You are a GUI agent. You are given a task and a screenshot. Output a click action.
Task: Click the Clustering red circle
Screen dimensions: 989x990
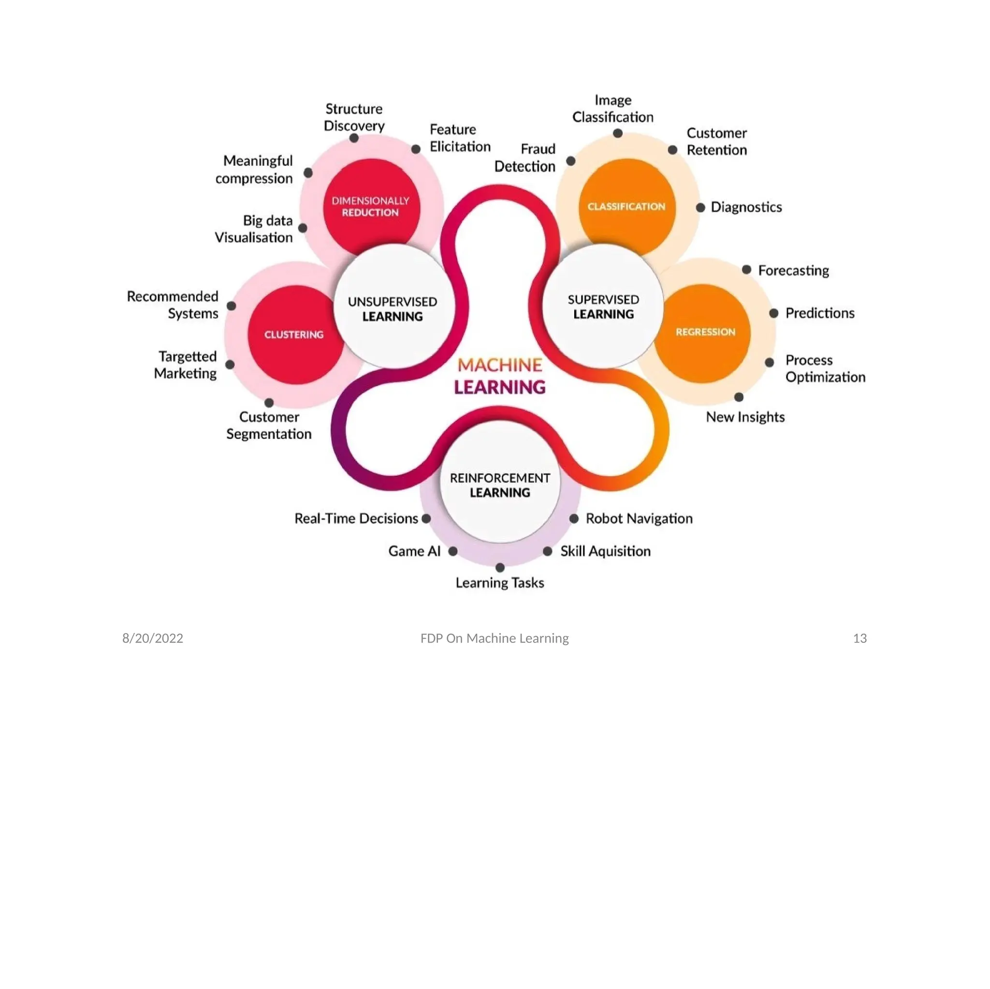pos(293,335)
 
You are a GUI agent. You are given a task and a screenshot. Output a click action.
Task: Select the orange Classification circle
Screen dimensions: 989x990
pos(626,206)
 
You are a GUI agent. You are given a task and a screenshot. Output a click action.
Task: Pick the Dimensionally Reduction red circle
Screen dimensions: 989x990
pos(370,206)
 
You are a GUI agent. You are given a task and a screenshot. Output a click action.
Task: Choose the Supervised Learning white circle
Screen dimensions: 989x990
pos(603,306)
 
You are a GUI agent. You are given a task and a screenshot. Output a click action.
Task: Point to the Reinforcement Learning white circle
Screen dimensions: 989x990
pos(500,485)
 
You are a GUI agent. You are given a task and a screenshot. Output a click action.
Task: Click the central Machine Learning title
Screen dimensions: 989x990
pos(500,376)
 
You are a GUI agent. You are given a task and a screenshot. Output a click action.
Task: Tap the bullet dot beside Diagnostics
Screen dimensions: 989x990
pos(700,207)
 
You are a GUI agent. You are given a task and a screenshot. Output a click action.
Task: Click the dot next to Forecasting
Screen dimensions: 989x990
pos(746,270)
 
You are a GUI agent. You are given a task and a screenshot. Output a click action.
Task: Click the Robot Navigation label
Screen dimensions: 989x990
pos(639,518)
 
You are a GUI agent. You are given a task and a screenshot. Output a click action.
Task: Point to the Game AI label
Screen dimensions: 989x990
pos(414,551)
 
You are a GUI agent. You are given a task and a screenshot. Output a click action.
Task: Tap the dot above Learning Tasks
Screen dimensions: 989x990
pos(500,567)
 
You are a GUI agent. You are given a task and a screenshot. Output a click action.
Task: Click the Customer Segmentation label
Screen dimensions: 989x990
pos(269,425)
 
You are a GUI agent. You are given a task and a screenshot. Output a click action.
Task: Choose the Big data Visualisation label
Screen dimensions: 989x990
pos(254,229)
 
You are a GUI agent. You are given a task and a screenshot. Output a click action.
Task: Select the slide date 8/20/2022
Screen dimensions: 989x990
pos(153,638)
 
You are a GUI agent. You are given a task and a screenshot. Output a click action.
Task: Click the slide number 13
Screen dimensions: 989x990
pos(860,638)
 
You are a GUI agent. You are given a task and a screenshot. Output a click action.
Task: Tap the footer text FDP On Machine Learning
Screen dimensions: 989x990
pos(495,638)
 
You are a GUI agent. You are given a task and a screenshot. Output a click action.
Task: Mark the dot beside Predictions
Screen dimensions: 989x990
pos(774,313)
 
